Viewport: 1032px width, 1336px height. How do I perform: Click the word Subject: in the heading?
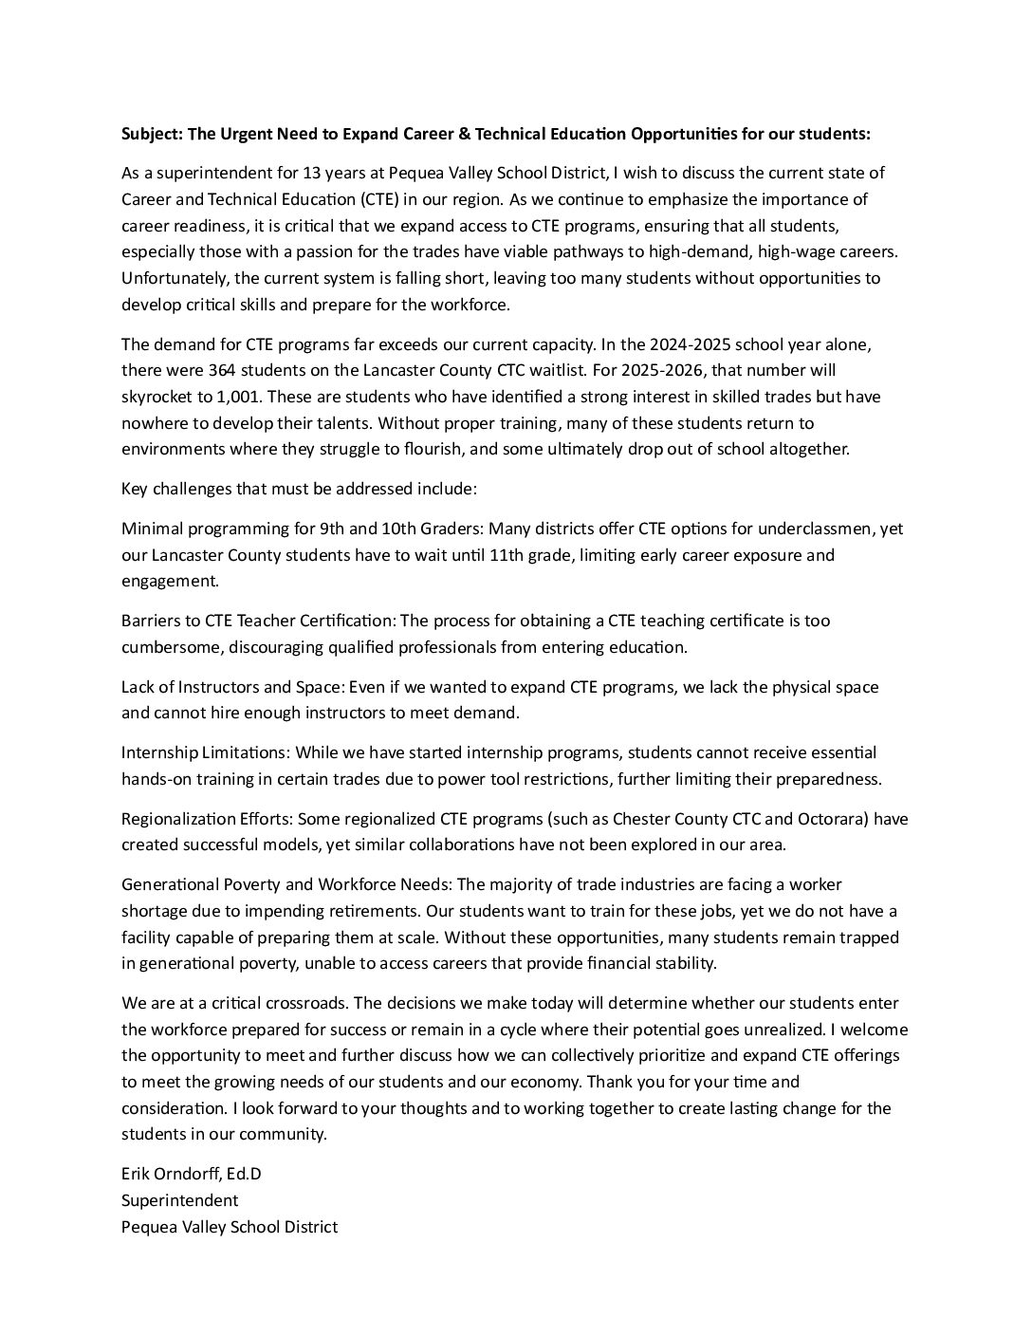pyautogui.click(x=152, y=134)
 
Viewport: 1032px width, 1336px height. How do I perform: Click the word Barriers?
pyautogui.click(x=151, y=621)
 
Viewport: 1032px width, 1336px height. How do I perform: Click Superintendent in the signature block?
pyautogui.click(x=180, y=1200)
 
